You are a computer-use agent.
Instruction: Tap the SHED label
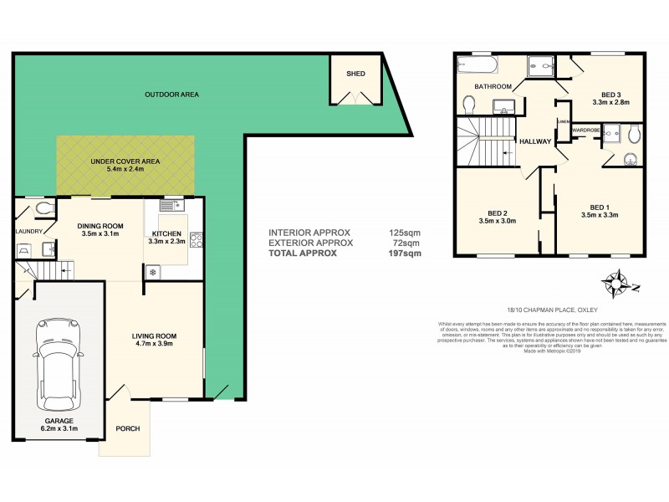coord(356,74)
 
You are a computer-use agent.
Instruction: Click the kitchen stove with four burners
coord(197,240)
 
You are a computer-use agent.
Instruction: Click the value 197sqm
coord(405,253)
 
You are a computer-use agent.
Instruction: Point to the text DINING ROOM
coord(100,226)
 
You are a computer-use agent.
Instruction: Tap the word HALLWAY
coord(534,141)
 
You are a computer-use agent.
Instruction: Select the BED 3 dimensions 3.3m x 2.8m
coord(610,103)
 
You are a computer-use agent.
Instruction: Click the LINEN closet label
coord(563,121)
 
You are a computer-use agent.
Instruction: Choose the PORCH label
coord(128,429)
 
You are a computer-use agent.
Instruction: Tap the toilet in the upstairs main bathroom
coord(469,103)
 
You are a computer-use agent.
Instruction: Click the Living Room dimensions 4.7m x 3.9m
coord(154,344)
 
